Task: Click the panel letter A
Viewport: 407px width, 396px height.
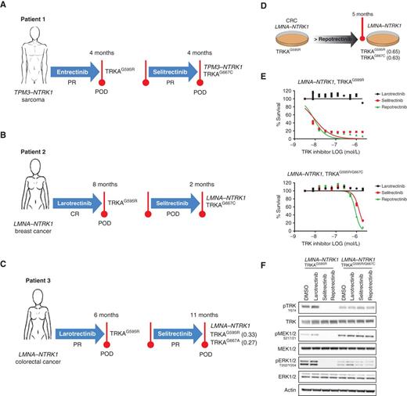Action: point(5,5)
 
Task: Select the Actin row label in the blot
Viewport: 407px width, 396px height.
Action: point(263,389)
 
